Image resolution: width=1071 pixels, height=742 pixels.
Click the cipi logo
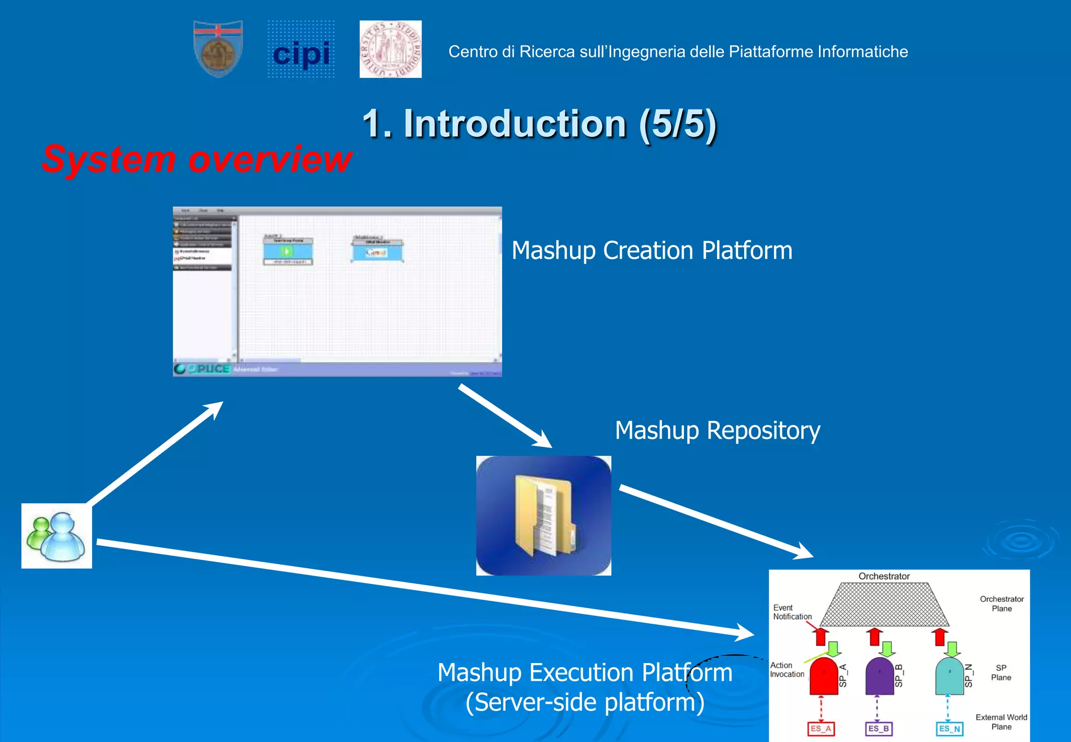point(301,50)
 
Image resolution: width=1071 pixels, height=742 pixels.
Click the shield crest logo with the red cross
point(218,49)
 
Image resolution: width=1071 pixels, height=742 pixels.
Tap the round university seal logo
point(391,49)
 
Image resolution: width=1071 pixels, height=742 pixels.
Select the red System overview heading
point(197,159)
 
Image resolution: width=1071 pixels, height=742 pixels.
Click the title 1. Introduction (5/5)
point(539,124)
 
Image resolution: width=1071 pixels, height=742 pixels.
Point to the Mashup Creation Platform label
point(652,250)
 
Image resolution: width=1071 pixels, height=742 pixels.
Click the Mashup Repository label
point(717,430)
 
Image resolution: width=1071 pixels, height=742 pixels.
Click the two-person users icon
point(56,536)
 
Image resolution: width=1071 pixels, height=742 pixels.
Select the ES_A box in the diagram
point(821,728)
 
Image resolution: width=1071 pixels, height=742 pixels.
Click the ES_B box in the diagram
point(879,728)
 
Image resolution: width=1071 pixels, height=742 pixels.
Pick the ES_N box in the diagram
point(949,728)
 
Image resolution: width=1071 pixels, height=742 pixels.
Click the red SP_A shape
point(823,677)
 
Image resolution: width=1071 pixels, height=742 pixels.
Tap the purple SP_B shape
point(880,677)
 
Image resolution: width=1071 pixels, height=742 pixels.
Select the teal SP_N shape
point(949,677)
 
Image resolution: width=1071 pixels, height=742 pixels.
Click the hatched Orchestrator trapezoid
point(884,605)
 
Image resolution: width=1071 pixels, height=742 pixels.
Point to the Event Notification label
point(792,612)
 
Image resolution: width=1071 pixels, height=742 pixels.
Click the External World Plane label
point(1001,722)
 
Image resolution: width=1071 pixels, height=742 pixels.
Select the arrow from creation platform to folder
point(505,416)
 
